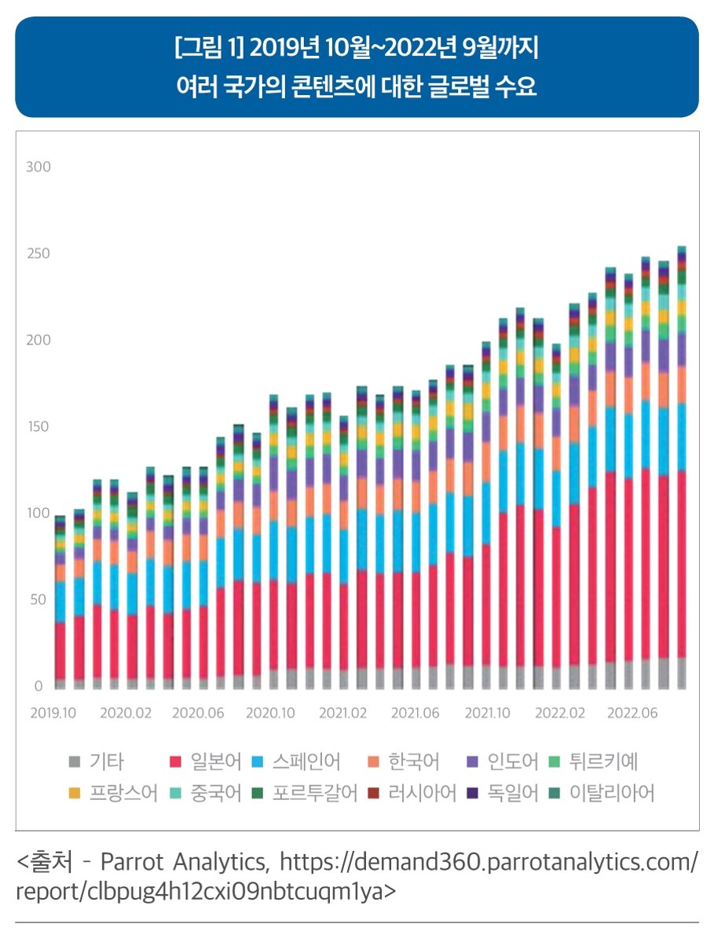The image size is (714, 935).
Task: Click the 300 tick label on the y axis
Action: click(38, 167)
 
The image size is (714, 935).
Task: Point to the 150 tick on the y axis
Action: click(38, 427)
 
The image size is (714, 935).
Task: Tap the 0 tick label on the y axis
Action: click(38, 686)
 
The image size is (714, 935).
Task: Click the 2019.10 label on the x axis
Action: click(53, 714)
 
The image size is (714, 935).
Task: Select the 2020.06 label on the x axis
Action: click(198, 714)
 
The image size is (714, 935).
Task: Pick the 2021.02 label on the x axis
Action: click(342, 714)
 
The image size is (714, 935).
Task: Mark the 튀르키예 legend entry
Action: click(603, 762)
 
